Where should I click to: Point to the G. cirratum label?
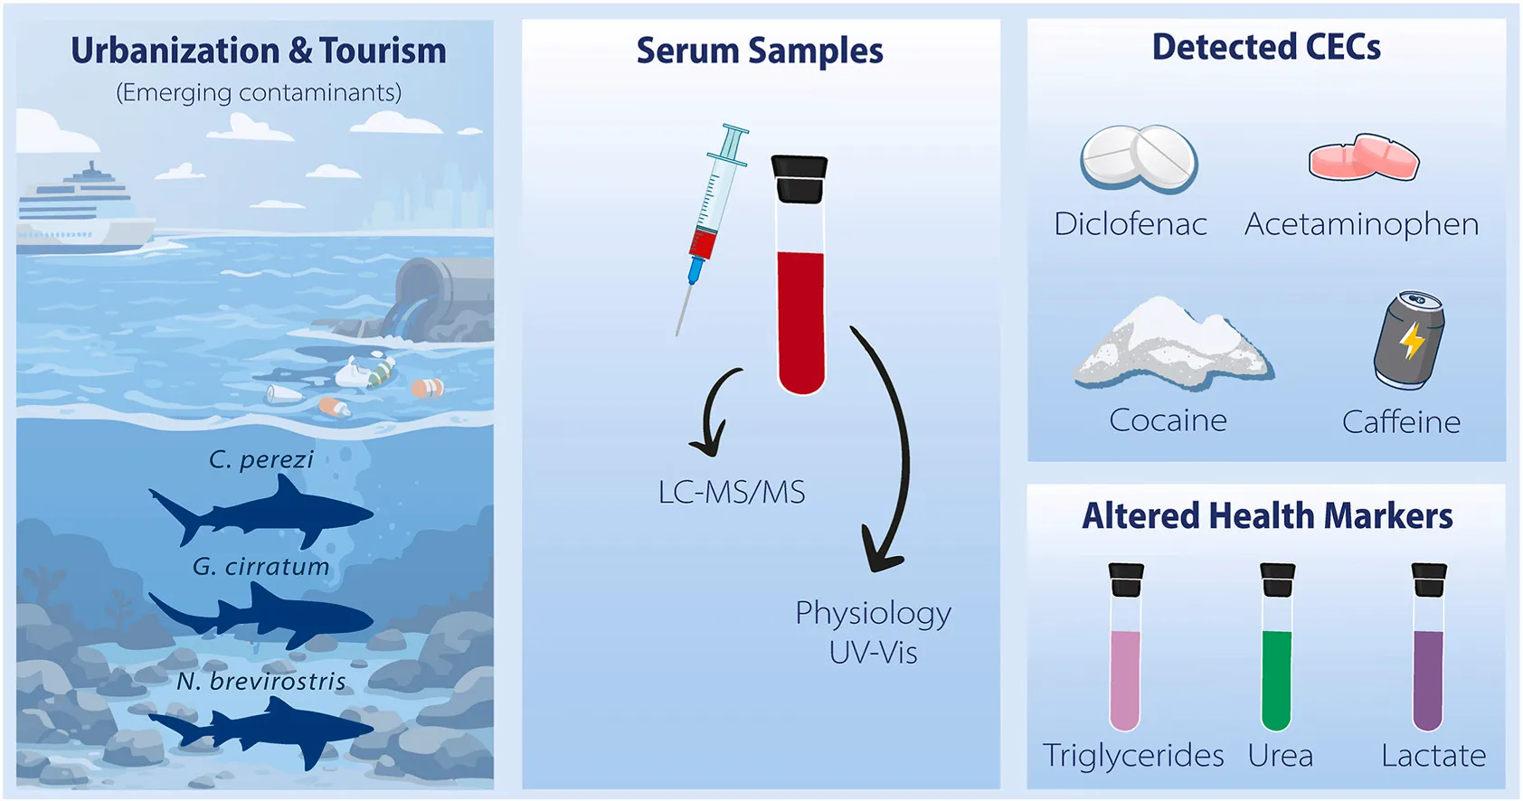(260, 567)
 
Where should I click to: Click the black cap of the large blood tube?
(799, 178)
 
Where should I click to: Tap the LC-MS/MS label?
(732, 493)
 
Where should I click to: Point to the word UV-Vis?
(873, 653)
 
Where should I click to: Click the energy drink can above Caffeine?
(1409, 340)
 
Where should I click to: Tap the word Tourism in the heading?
(383, 52)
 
